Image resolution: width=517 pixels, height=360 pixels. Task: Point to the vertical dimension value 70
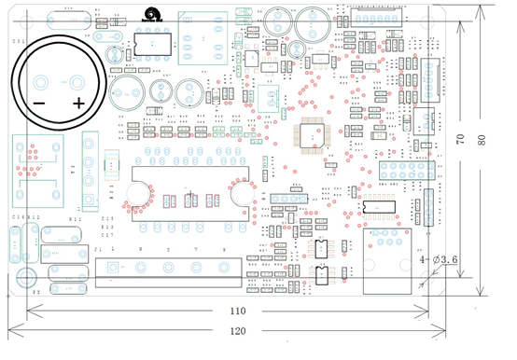[x=459, y=138]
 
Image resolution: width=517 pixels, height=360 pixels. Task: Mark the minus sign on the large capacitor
[x=39, y=103]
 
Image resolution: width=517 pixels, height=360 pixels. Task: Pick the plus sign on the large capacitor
[x=80, y=103]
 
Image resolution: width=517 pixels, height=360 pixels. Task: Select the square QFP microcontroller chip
[x=310, y=135]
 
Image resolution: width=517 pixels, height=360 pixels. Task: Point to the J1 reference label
[x=100, y=250]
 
